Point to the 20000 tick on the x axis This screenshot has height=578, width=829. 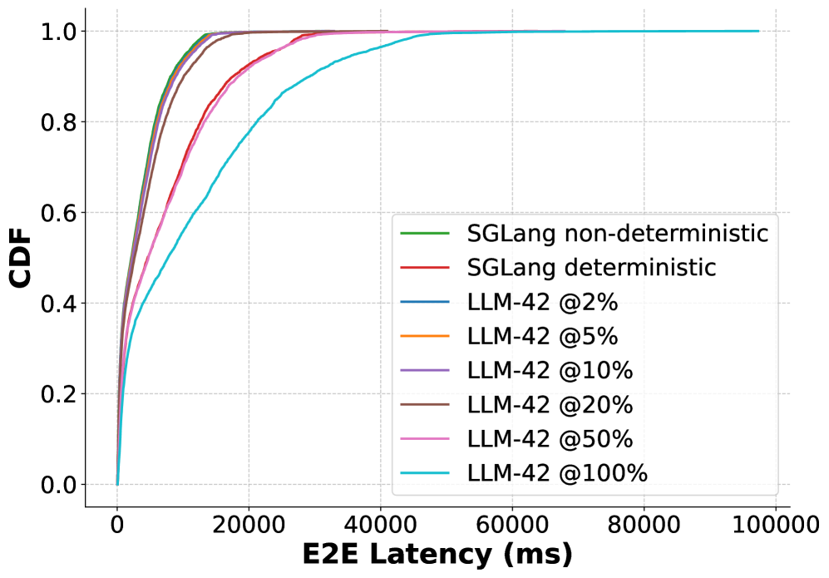pos(249,524)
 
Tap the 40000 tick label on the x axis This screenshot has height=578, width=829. pos(380,524)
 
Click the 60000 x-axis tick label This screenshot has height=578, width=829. pos(512,524)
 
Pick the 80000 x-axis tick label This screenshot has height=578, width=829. pos(644,524)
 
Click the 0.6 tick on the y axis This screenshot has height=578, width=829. pos(58,213)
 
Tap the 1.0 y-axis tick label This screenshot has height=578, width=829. pos(58,32)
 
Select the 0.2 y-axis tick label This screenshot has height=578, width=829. pos(58,394)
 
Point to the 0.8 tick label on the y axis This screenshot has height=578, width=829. pos(58,122)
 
